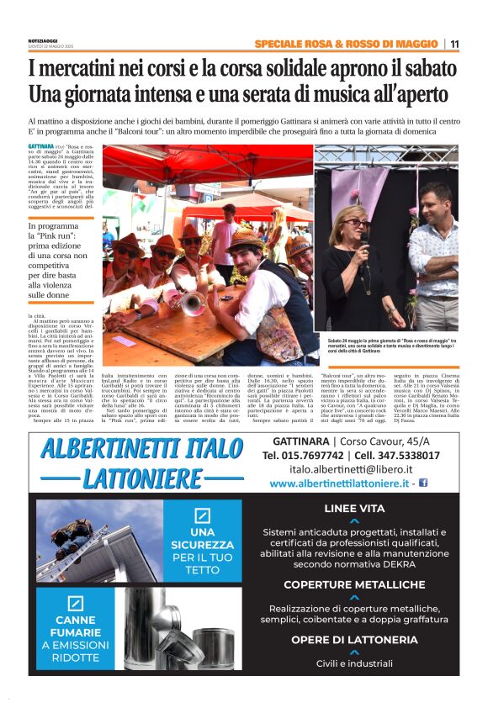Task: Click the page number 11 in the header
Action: click(x=454, y=44)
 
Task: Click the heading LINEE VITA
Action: click(x=353, y=508)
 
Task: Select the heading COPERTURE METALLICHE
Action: click(x=353, y=584)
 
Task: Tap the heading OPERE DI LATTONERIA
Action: click(x=353, y=640)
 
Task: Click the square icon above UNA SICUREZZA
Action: click(x=201, y=515)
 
